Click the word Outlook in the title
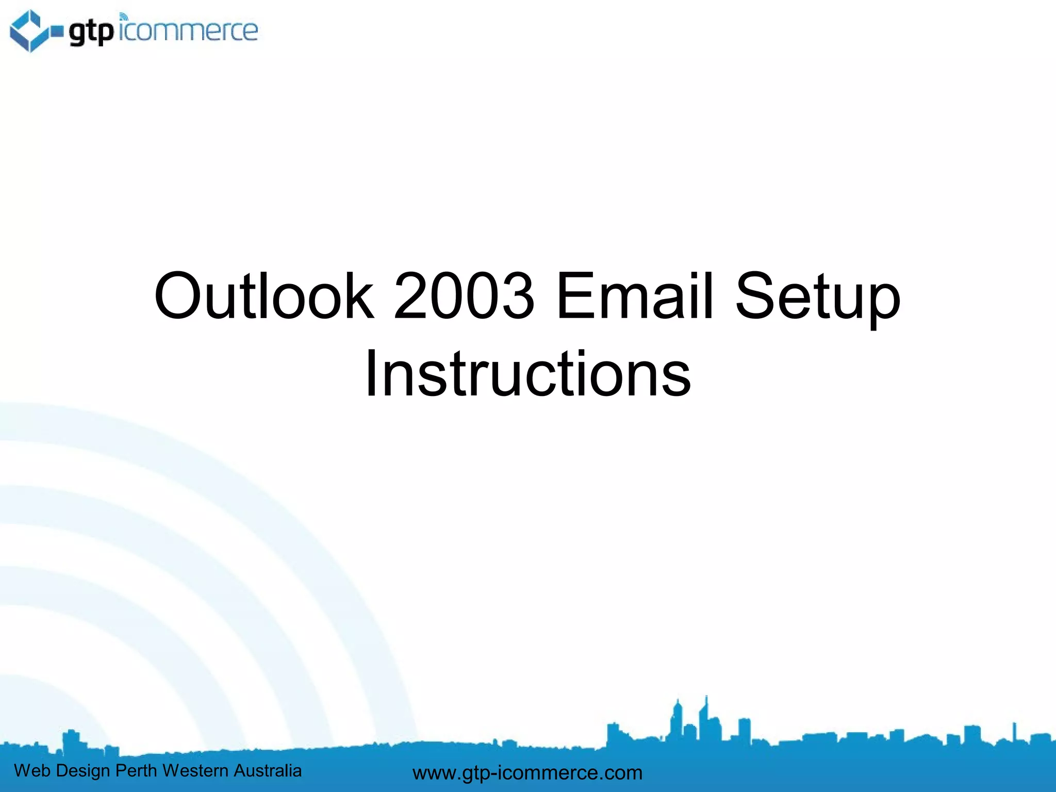pos(263,296)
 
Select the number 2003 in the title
pos(464,296)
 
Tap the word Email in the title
pos(635,296)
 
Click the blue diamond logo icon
pos(30,30)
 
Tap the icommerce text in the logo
pos(189,31)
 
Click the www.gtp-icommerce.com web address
pos(527,772)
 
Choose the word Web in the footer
pos(32,770)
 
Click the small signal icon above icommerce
pos(123,16)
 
